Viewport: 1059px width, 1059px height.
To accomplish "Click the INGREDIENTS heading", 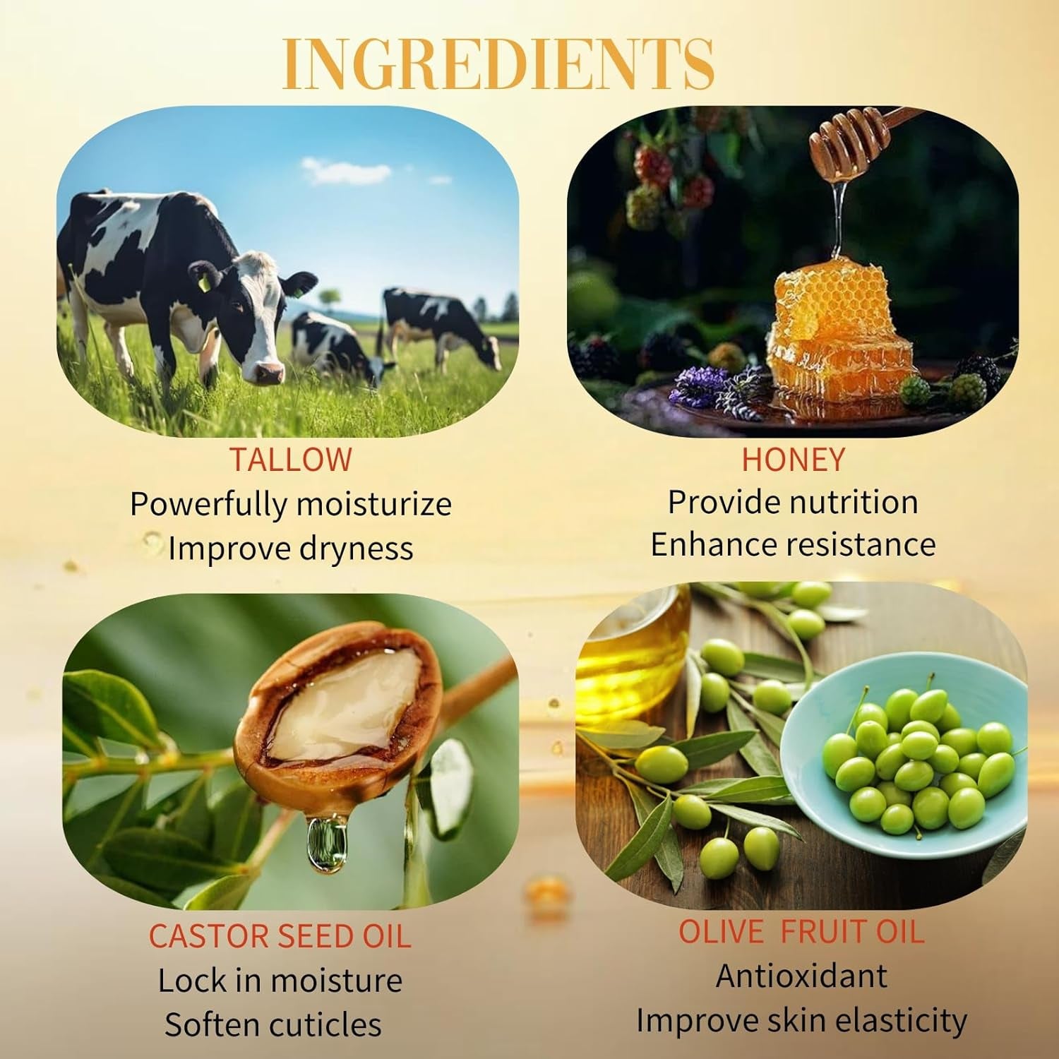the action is pyautogui.click(x=498, y=65).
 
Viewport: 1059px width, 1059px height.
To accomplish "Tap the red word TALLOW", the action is pyautogui.click(x=290, y=460).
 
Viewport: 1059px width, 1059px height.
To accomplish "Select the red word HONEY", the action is pyautogui.click(x=793, y=460).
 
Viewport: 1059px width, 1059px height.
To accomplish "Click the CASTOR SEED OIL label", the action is pyautogui.click(x=280, y=936).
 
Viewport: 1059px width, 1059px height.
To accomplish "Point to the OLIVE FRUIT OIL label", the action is pyautogui.click(x=801, y=932).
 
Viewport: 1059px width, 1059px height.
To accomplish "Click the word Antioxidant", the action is pyautogui.click(x=801, y=976).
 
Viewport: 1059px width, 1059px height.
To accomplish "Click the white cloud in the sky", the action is pyautogui.click(x=346, y=170).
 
